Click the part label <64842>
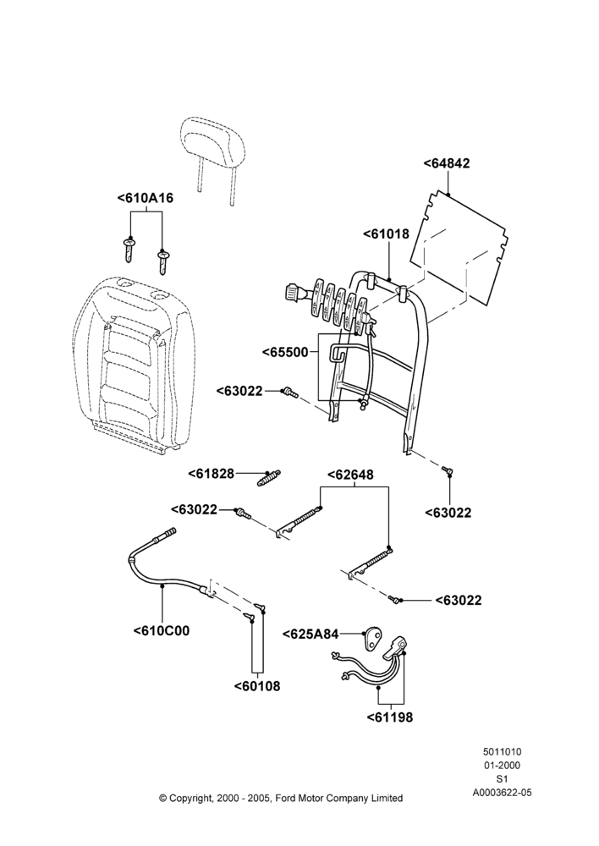click(x=446, y=163)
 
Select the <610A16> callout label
click(x=146, y=198)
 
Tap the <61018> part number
click(x=386, y=233)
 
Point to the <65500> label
click(x=285, y=352)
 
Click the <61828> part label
click(x=212, y=474)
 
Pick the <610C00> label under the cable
click(x=162, y=631)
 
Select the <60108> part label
click(x=257, y=686)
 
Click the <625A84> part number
click(x=310, y=634)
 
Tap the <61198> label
click(x=390, y=717)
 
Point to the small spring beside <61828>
click(x=269, y=478)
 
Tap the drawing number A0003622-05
click(x=502, y=793)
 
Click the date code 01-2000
click(x=502, y=765)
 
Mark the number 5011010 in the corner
click(x=502, y=751)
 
